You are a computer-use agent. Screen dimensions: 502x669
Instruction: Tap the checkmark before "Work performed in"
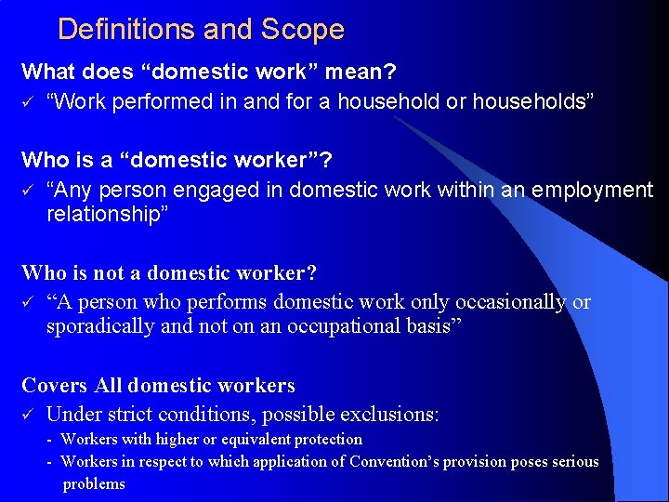point(28,101)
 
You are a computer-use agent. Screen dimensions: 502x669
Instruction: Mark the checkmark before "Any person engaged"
point(28,191)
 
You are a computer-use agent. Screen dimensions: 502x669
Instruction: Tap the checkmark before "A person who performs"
point(28,303)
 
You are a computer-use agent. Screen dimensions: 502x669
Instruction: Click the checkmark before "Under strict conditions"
point(28,413)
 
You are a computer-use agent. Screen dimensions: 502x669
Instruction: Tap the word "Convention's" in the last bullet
point(393,461)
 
